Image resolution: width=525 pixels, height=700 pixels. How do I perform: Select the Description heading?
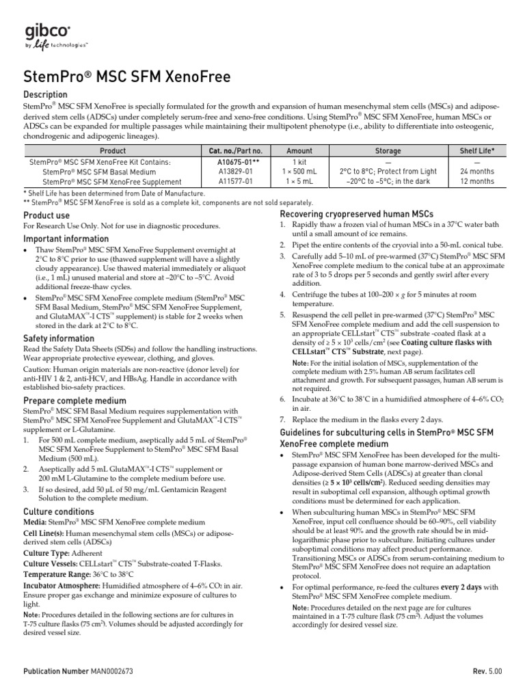[46, 94]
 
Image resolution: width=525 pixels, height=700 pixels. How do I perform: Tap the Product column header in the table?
[113, 150]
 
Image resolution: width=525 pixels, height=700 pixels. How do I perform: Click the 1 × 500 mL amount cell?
[299, 172]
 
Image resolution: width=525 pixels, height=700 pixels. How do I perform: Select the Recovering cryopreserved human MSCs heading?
[356, 214]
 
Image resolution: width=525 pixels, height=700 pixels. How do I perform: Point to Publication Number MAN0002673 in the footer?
[78, 672]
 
